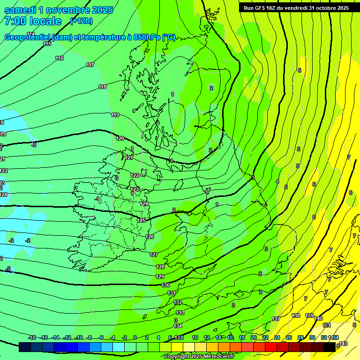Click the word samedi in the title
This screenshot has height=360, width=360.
click(21, 10)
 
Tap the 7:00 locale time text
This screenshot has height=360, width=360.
click(33, 21)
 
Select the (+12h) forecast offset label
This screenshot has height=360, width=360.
click(81, 21)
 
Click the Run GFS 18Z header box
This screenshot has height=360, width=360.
click(296, 8)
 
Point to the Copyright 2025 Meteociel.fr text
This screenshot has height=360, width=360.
click(199, 356)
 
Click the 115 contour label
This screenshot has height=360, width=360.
click(47, 44)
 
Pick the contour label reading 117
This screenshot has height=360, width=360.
click(90, 65)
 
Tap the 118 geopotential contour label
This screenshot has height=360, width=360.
click(103, 87)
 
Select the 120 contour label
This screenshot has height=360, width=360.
click(120, 138)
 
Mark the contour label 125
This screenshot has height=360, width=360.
click(141, 220)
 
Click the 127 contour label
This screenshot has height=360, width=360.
click(154, 255)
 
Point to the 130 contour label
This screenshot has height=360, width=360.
click(165, 285)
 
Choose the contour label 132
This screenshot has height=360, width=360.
click(178, 302)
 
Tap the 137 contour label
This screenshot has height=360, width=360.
click(276, 319)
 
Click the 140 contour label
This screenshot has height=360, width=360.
click(319, 318)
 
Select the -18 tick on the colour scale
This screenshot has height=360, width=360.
click(32, 337)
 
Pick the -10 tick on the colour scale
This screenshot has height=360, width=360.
click(79, 337)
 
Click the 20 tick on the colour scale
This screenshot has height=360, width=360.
click(254, 337)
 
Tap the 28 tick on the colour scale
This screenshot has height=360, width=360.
click(300, 337)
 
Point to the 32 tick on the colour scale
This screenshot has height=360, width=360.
click(323, 337)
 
